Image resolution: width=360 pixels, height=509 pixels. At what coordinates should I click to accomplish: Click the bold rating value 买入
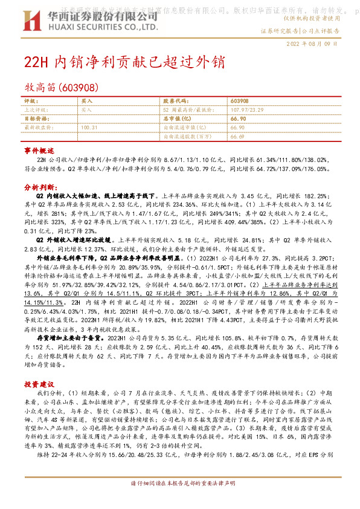coord(86,101)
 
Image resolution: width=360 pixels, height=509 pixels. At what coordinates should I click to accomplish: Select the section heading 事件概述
coord(39,149)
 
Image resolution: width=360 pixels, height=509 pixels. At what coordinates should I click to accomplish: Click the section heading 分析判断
coord(39,187)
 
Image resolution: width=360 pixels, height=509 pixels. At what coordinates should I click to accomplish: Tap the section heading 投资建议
coord(39,384)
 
